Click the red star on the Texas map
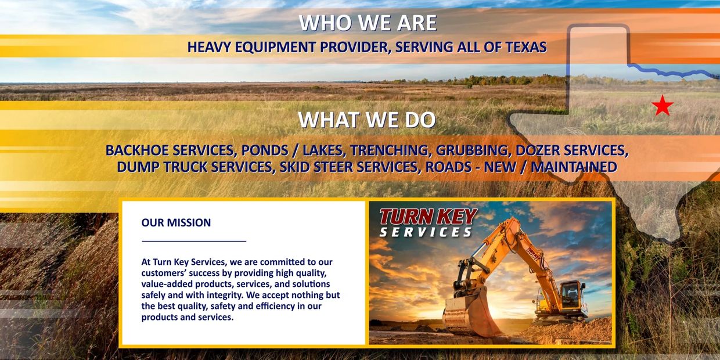(x=662, y=106)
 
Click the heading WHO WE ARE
(x=368, y=23)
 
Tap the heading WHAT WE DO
(x=367, y=120)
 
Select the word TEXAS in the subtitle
(x=526, y=47)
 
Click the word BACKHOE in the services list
(x=137, y=150)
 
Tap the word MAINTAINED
(x=574, y=167)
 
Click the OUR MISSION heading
(x=176, y=222)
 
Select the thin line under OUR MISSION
(x=194, y=240)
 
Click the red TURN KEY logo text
(x=428, y=217)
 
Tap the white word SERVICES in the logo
(x=426, y=232)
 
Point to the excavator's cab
(x=573, y=296)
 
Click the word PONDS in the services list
(x=260, y=150)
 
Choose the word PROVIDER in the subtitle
(x=356, y=47)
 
